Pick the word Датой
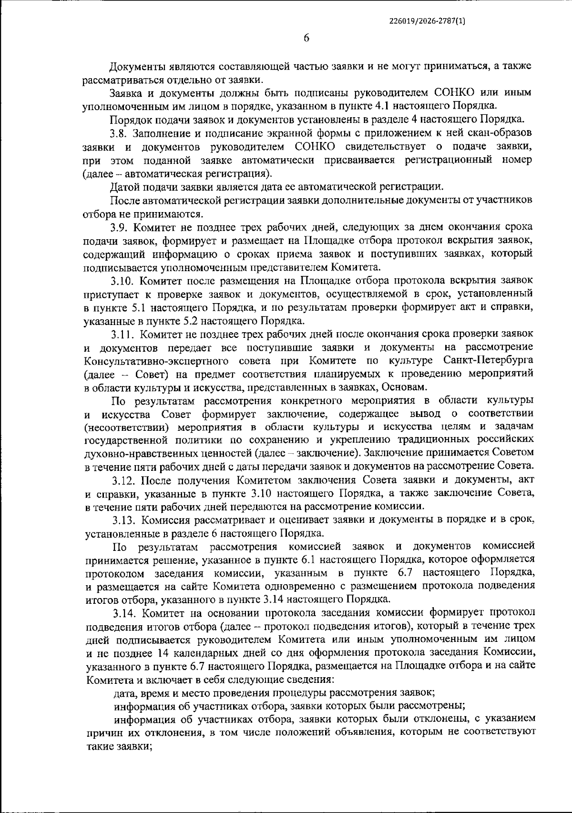(124, 186)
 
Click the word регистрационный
(449, 160)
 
